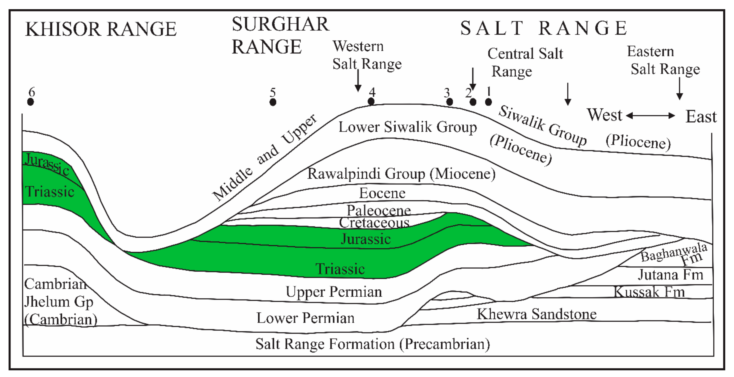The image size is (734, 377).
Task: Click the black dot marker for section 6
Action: pos(31,102)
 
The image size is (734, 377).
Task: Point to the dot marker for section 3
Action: pos(450,102)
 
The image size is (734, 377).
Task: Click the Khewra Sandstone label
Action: pos(536,314)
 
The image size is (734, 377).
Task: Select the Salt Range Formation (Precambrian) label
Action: pos(372,344)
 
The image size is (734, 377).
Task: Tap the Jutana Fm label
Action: pos(670,275)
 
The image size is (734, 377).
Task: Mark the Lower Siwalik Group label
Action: pos(407,127)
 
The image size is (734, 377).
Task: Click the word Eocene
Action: pos(382,193)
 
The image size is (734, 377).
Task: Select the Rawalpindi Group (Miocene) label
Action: pos(401,174)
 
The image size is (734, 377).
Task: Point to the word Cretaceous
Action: pos(374,223)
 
